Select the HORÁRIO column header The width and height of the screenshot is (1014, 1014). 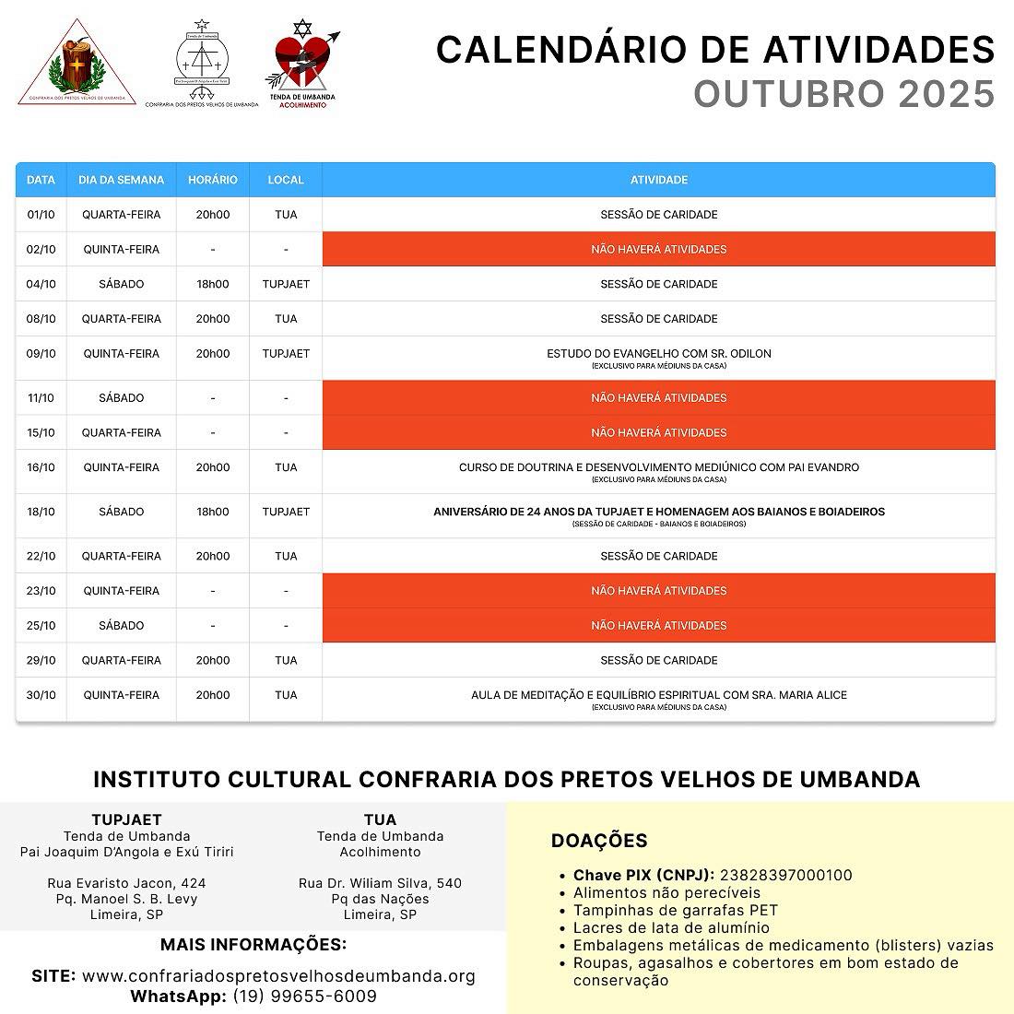click(212, 180)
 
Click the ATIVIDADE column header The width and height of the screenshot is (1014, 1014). click(658, 180)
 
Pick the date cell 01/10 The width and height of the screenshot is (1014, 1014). click(41, 215)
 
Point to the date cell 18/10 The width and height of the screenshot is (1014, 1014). click(41, 512)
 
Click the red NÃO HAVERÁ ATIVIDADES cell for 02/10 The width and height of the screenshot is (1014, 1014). click(658, 250)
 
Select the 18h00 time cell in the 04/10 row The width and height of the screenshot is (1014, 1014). click(212, 284)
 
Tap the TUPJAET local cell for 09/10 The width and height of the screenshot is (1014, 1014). click(286, 354)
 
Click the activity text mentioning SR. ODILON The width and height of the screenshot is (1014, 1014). click(658, 354)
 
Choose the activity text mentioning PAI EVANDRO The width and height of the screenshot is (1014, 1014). click(658, 467)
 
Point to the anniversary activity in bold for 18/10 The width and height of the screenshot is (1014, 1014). click(658, 512)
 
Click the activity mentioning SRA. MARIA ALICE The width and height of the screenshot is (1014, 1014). click(658, 695)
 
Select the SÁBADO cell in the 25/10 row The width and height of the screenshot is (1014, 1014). click(122, 626)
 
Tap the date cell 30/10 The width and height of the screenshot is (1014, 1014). click(41, 695)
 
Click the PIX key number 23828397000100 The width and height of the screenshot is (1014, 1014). click(785, 875)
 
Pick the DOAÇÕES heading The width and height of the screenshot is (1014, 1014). click(599, 841)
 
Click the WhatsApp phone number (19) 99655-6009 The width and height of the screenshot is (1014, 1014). click(304, 996)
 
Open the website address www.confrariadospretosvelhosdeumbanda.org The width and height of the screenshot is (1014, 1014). click(278, 976)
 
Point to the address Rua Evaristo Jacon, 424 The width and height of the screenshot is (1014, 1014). click(127, 883)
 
